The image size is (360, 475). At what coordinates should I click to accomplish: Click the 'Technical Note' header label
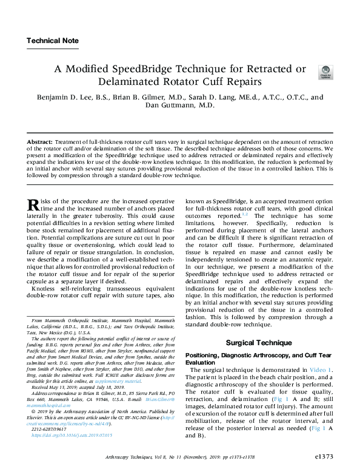(52, 41)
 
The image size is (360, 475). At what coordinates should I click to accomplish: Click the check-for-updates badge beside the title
(325, 73)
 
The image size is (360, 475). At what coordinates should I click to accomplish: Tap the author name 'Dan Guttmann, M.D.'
(179, 105)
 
